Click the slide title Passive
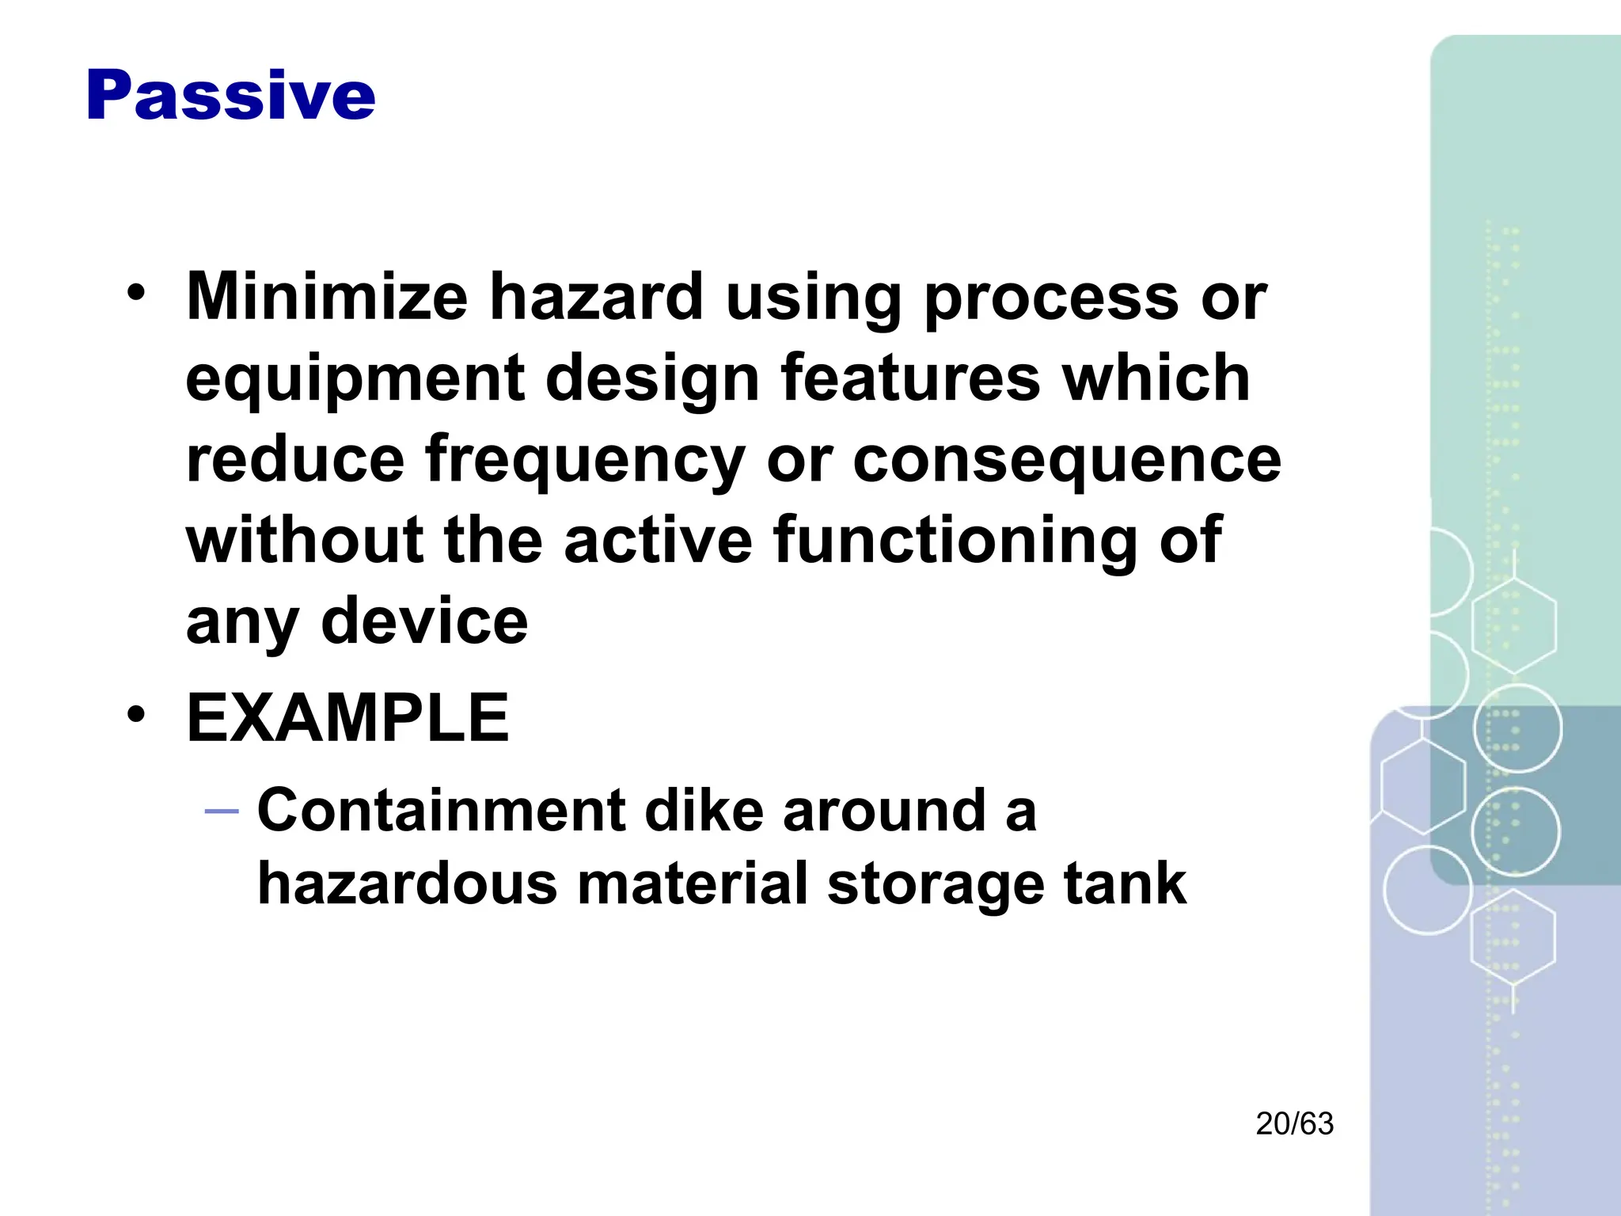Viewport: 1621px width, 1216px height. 230,96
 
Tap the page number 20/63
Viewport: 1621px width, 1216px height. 1294,1124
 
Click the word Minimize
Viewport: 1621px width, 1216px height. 327,296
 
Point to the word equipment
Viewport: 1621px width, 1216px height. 355,380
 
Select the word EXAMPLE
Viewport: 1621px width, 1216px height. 348,718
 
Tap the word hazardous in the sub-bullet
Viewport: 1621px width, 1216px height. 408,883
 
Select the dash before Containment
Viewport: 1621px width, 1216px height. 221,811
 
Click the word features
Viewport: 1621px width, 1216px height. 911,378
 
